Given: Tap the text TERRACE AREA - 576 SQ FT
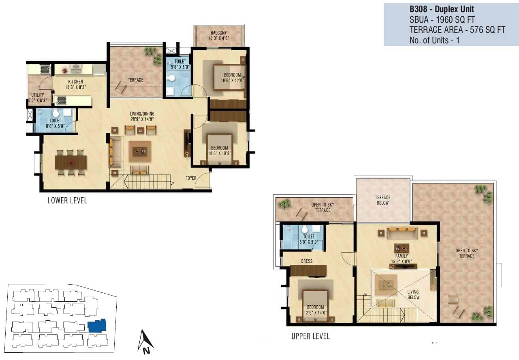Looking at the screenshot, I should coord(457,30).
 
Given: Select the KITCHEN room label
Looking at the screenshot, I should coord(75,82).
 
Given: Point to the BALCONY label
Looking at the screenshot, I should coord(218,33).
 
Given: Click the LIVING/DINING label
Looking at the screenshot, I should coord(142,114).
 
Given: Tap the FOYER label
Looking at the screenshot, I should coord(192,178).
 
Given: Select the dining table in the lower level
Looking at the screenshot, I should coord(71,162).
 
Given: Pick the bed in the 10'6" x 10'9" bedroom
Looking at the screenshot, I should coord(219,149).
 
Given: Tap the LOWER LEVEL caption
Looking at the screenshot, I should coord(67,200).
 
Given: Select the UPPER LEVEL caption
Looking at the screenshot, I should coord(310,336).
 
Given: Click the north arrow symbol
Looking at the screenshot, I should coord(145,341).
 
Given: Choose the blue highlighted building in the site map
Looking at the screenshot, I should coord(97,326).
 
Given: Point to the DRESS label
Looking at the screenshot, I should coord(307,261).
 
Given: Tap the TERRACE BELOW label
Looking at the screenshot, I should coord(382,200).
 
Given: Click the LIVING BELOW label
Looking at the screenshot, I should coord(413,294).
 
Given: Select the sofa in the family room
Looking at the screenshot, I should coord(402,233).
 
